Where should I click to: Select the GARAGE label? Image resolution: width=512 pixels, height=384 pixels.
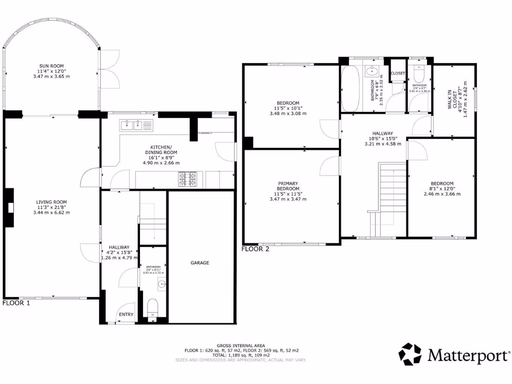(199, 262)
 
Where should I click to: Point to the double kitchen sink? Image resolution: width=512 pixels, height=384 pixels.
(132, 124)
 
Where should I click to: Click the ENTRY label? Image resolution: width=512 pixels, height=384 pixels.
(125, 314)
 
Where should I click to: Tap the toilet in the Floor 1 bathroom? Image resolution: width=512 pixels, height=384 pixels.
(153, 306)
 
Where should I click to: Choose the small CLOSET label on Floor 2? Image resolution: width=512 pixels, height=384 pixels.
(398, 73)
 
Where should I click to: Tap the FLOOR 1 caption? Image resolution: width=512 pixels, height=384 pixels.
(16, 303)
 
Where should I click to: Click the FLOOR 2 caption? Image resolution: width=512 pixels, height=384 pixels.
(255, 248)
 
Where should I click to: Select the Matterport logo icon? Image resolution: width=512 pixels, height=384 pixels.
(409, 354)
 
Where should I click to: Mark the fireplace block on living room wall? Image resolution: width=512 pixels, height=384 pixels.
(9, 207)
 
